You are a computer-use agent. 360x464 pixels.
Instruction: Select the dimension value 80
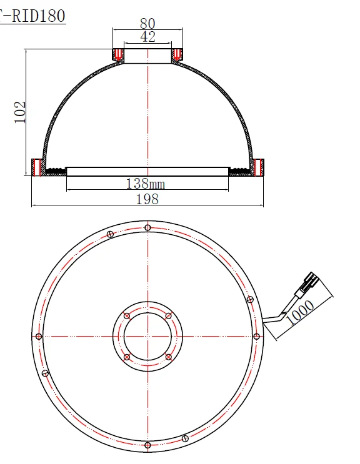click(x=147, y=24)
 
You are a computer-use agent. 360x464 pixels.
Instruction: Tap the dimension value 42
click(x=147, y=37)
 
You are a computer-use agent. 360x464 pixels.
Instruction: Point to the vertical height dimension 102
click(x=20, y=112)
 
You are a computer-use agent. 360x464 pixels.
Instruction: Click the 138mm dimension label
click(x=146, y=184)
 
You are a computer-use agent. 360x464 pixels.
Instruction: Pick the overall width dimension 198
click(x=147, y=199)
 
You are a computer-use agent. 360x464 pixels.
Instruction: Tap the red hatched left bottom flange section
click(x=36, y=167)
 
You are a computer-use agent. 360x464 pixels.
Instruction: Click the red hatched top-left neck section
click(x=117, y=55)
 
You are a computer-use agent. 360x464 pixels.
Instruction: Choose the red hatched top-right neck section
click(x=177, y=55)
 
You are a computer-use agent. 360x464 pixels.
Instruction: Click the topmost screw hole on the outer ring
click(x=147, y=227)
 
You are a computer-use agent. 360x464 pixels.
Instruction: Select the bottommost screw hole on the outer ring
click(x=147, y=445)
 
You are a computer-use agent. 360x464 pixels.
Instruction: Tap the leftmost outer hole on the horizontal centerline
click(x=39, y=337)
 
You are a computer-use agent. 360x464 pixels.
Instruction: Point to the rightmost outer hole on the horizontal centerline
click(x=256, y=337)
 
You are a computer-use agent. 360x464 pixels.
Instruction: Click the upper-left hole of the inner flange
click(x=127, y=315)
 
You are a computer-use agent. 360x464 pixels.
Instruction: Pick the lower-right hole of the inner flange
click(x=168, y=357)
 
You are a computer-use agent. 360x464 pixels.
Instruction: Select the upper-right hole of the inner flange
click(x=168, y=315)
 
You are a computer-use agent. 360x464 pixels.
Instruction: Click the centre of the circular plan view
click(x=147, y=337)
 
